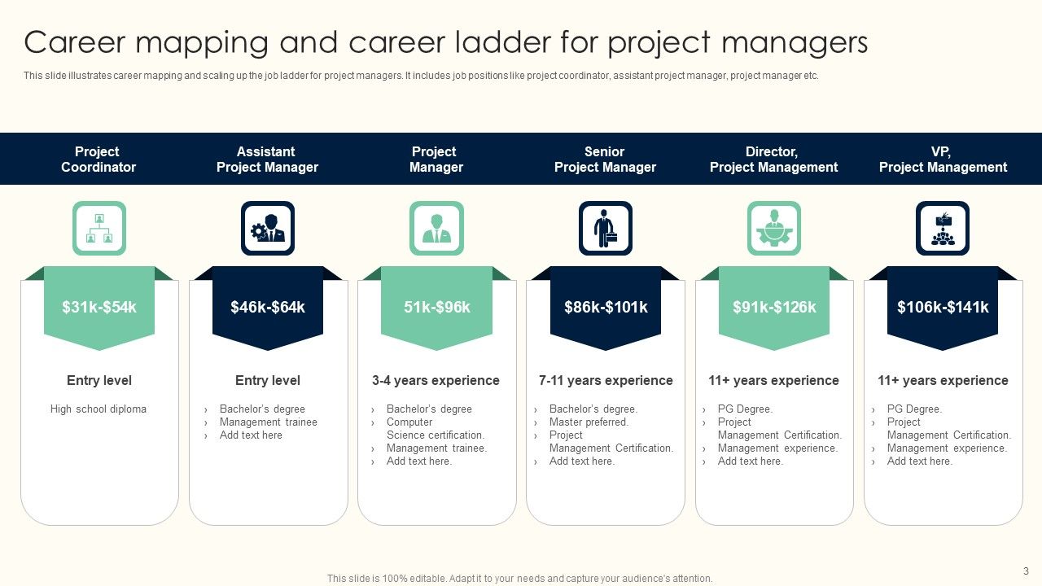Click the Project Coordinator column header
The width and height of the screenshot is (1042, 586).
(99, 160)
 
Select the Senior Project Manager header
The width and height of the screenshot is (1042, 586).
(605, 160)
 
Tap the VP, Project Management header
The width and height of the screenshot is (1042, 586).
(943, 160)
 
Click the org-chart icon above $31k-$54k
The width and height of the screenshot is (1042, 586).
(99, 229)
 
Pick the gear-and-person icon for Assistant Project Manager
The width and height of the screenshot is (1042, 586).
(268, 229)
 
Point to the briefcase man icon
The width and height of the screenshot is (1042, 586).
(605, 229)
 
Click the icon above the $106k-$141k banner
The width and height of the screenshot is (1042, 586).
(943, 229)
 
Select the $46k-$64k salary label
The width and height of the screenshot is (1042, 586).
(268, 307)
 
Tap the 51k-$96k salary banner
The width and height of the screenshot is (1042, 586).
(436, 307)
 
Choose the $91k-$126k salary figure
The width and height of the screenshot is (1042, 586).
(774, 307)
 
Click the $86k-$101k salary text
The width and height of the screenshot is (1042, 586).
(606, 307)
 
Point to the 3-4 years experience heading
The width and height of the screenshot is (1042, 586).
(436, 380)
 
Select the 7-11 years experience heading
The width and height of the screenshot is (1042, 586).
(606, 380)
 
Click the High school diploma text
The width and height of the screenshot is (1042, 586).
(99, 409)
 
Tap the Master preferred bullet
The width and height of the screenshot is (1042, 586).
(589, 422)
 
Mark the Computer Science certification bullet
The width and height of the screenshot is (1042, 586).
(434, 429)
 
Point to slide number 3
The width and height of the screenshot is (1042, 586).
(1026, 571)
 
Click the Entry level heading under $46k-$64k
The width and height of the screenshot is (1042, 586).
(268, 380)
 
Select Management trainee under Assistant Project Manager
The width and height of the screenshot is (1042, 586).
(268, 422)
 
